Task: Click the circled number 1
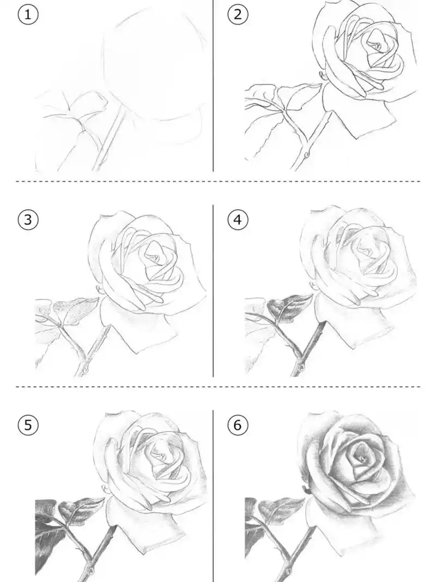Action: pos(28,15)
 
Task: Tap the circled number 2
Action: pos(237,15)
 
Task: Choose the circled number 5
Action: pos(28,424)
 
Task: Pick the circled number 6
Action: pos(237,424)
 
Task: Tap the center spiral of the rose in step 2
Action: pos(377,44)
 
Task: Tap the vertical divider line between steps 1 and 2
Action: pos(213,87)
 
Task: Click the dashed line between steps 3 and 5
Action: pos(109,387)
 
